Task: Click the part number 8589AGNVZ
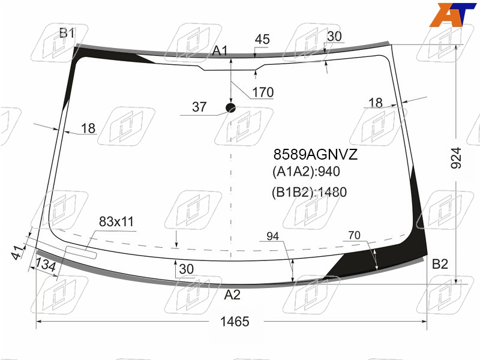pos(316,154)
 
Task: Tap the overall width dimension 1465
pos(235,322)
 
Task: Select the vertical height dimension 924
pos(456,158)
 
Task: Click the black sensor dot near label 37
pos(230,108)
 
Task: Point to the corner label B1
pos(67,33)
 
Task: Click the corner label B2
pos(440,264)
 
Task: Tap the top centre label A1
pos(220,51)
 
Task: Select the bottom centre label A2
pos(232,295)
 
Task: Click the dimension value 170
pos(263,92)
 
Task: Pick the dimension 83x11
pos(116,221)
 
